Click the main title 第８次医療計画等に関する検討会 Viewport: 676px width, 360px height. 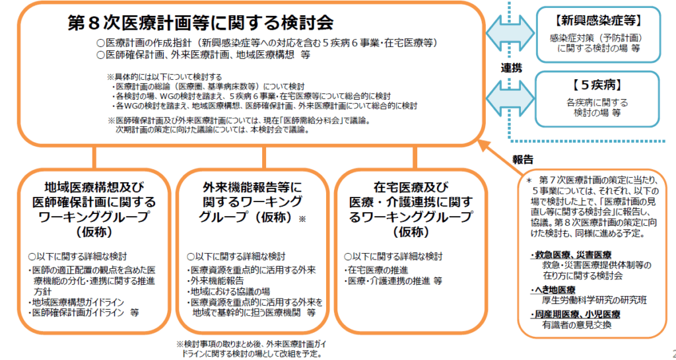click(201, 22)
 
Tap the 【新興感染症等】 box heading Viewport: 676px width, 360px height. click(598, 20)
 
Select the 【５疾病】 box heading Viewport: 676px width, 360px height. click(597, 85)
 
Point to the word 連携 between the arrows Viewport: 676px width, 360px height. click(512, 67)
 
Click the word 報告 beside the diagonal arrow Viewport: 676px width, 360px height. click(523, 159)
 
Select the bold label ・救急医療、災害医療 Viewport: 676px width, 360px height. click(570, 255)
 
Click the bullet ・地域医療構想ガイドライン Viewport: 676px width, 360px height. click(76, 302)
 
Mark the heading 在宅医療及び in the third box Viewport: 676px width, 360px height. click(411, 188)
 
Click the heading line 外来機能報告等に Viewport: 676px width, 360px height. click(252, 188)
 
